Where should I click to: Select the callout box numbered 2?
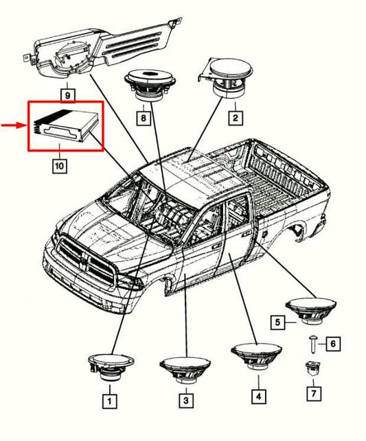(x=234, y=118)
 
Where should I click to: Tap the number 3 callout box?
(x=185, y=398)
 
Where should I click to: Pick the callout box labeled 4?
(x=258, y=396)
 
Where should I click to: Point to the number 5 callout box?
(x=278, y=321)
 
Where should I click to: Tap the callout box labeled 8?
(x=143, y=118)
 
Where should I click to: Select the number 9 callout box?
(x=67, y=94)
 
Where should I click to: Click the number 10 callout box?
(x=59, y=165)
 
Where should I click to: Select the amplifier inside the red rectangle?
(x=65, y=126)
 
